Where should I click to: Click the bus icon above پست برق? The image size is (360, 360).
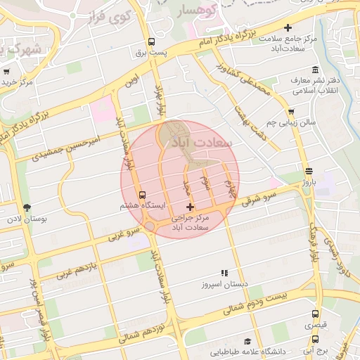pos(152,41)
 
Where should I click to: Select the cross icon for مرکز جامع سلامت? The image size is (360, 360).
pos(287,27)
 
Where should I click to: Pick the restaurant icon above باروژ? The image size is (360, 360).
pos(309,171)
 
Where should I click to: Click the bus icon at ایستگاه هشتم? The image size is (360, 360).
pos(143,195)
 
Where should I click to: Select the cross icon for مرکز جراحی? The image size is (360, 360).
pos(190,207)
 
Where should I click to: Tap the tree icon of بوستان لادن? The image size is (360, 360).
pos(27,207)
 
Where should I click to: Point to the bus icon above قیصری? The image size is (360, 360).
pos(315,314)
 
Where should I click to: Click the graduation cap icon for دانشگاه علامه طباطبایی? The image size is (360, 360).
pos(247,340)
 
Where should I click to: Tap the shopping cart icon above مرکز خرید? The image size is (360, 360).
pos(7,71)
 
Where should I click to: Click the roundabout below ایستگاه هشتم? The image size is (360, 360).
pos(150,226)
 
